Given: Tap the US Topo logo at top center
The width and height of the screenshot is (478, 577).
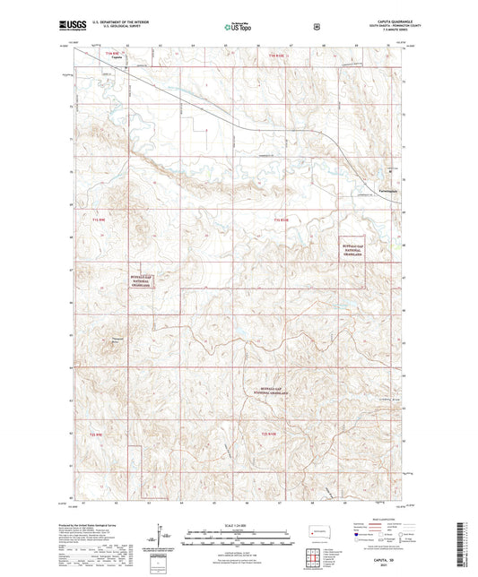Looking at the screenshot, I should (x=238, y=29).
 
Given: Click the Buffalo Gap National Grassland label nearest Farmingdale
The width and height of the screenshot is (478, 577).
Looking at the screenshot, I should (x=352, y=250).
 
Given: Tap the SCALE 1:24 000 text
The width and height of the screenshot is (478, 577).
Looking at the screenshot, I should (x=238, y=523).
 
